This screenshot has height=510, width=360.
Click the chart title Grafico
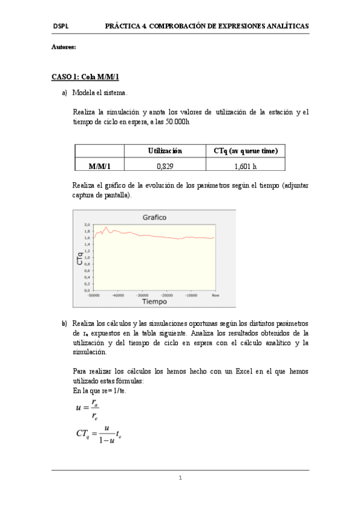[154, 217]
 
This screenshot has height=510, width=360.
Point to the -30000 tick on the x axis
[142, 295]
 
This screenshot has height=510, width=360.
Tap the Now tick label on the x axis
[215, 295]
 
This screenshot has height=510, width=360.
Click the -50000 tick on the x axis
[93, 295]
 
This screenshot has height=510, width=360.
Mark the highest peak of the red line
[106, 227]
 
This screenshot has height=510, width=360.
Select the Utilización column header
[165, 151]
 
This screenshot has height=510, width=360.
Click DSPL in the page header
[60, 26]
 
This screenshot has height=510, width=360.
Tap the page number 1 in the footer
[180, 478]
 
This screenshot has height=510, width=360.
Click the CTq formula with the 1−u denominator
[100, 434]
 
